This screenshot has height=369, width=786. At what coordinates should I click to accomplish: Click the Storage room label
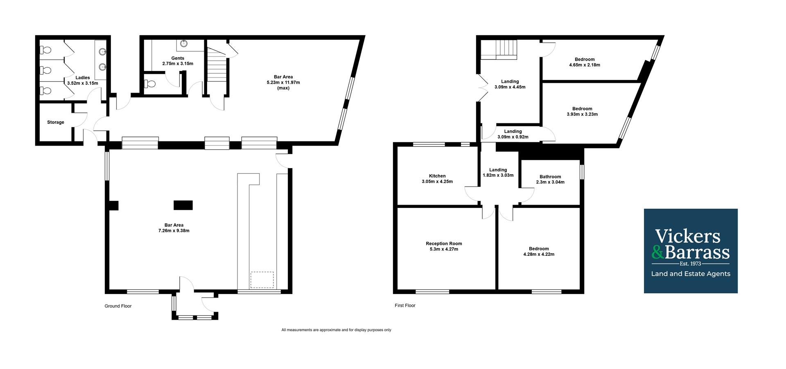pyautogui.click(x=56, y=122)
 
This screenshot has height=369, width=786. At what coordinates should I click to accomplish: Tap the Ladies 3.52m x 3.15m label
pyautogui.click(x=83, y=80)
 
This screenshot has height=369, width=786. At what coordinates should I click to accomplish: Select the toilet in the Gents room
pyautogui.click(x=150, y=84)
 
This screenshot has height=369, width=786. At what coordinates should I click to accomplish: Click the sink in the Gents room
pyautogui.click(x=184, y=43)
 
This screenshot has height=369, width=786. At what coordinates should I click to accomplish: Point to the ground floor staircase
pyautogui.click(x=217, y=66)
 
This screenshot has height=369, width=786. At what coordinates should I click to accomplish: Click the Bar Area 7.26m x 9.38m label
pyautogui.click(x=174, y=228)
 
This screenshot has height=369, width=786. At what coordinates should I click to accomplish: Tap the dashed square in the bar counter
pyautogui.click(x=262, y=280)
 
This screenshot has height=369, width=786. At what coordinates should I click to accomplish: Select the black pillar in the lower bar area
pyautogui.click(x=183, y=205)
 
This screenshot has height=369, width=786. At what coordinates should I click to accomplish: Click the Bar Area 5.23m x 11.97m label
pyautogui.click(x=283, y=82)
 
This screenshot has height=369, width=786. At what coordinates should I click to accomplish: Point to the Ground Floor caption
pyautogui.click(x=118, y=306)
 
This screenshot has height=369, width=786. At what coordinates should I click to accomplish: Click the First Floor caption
pyautogui.click(x=405, y=305)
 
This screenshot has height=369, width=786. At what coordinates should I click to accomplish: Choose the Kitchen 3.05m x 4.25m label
pyautogui.click(x=437, y=179)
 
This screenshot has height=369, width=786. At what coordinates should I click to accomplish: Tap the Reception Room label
pyautogui.click(x=444, y=246)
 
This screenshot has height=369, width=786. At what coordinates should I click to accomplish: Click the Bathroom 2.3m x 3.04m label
pyautogui.click(x=550, y=179)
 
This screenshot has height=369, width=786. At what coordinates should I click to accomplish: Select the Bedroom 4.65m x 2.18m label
pyautogui.click(x=584, y=62)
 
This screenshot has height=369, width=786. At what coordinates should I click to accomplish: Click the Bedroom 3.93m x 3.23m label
pyautogui.click(x=582, y=112)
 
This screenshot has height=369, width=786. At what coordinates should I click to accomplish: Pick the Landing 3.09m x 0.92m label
pyautogui.click(x=513, y=134)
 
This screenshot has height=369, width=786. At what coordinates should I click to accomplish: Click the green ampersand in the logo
pyautogui.click(x=658, y=252)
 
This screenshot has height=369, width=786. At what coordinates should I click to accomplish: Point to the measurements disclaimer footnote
pyautogui.click(x=336, y=330)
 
